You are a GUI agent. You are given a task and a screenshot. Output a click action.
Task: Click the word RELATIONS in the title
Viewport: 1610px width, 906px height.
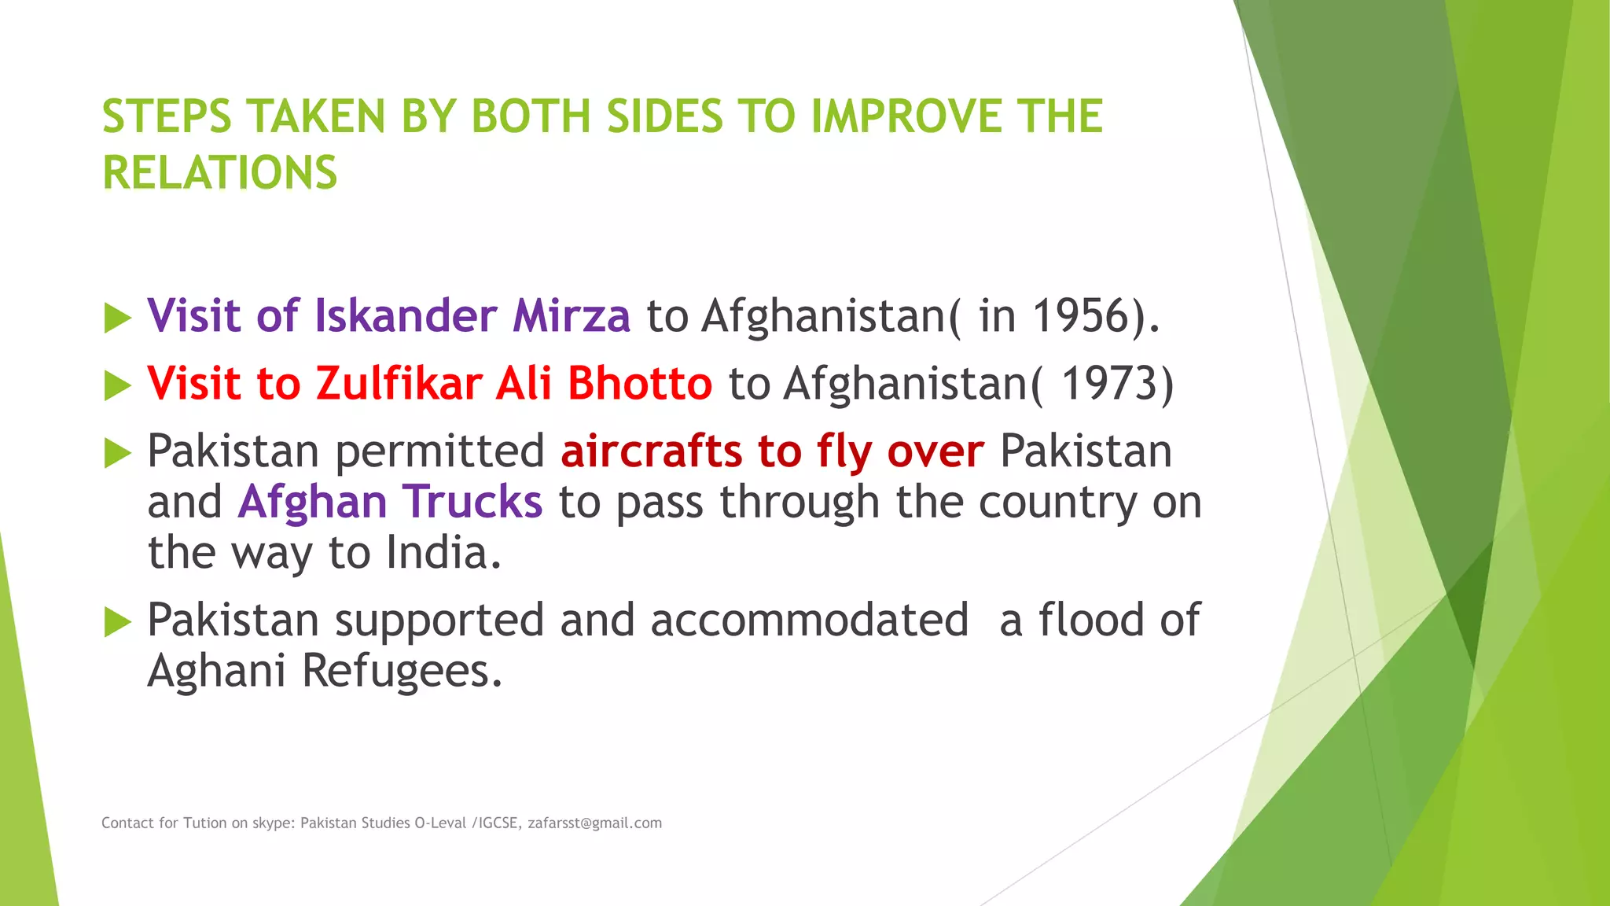coord(219,173)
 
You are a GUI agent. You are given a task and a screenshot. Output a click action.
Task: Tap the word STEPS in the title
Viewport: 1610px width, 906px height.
coord(167,116)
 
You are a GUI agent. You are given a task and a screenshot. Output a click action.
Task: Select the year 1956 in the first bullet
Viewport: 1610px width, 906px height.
coord(1081,316)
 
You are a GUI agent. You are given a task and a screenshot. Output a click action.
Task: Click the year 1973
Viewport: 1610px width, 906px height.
coord(1109,384)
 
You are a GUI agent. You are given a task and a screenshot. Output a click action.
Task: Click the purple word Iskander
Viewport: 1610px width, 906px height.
coord(406,316)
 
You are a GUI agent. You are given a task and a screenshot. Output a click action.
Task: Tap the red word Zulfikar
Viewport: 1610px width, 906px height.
coord(399,384)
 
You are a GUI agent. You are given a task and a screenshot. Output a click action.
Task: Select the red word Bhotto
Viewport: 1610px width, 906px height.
coord(639,384)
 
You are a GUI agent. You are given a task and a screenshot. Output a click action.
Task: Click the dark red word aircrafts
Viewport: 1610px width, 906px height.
coord(651,451)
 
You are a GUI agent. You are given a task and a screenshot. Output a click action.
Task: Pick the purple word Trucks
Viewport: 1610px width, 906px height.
coord(472,502)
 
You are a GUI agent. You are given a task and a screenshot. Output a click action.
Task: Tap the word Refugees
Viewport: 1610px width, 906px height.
coord(401,672)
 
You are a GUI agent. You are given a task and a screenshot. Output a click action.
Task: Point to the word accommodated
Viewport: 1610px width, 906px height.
coord(809,621)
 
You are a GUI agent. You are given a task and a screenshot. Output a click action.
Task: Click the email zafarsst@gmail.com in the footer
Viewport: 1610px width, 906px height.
coord(594,823)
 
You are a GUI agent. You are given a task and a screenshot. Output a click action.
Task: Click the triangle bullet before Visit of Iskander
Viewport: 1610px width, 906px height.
coord(117,319)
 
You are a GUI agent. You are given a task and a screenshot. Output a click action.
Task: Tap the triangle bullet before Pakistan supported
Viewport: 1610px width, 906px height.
coord(117,622)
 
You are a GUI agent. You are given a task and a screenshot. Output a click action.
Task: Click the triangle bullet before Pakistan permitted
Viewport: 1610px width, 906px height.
coord(117,454)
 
